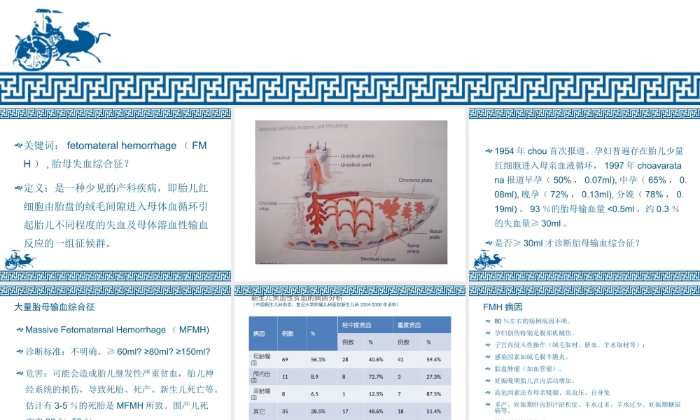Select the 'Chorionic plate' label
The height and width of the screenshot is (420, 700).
click(x=415, y=181)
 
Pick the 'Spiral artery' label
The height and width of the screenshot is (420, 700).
click(x=413, y=248)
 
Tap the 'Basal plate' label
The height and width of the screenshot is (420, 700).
click(x=435, y=234)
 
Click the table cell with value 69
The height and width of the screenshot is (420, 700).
click(x=285, y=360)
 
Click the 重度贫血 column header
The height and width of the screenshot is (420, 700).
click(x=409, y=325)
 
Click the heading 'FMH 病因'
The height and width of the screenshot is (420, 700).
click(x=503, y=307)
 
